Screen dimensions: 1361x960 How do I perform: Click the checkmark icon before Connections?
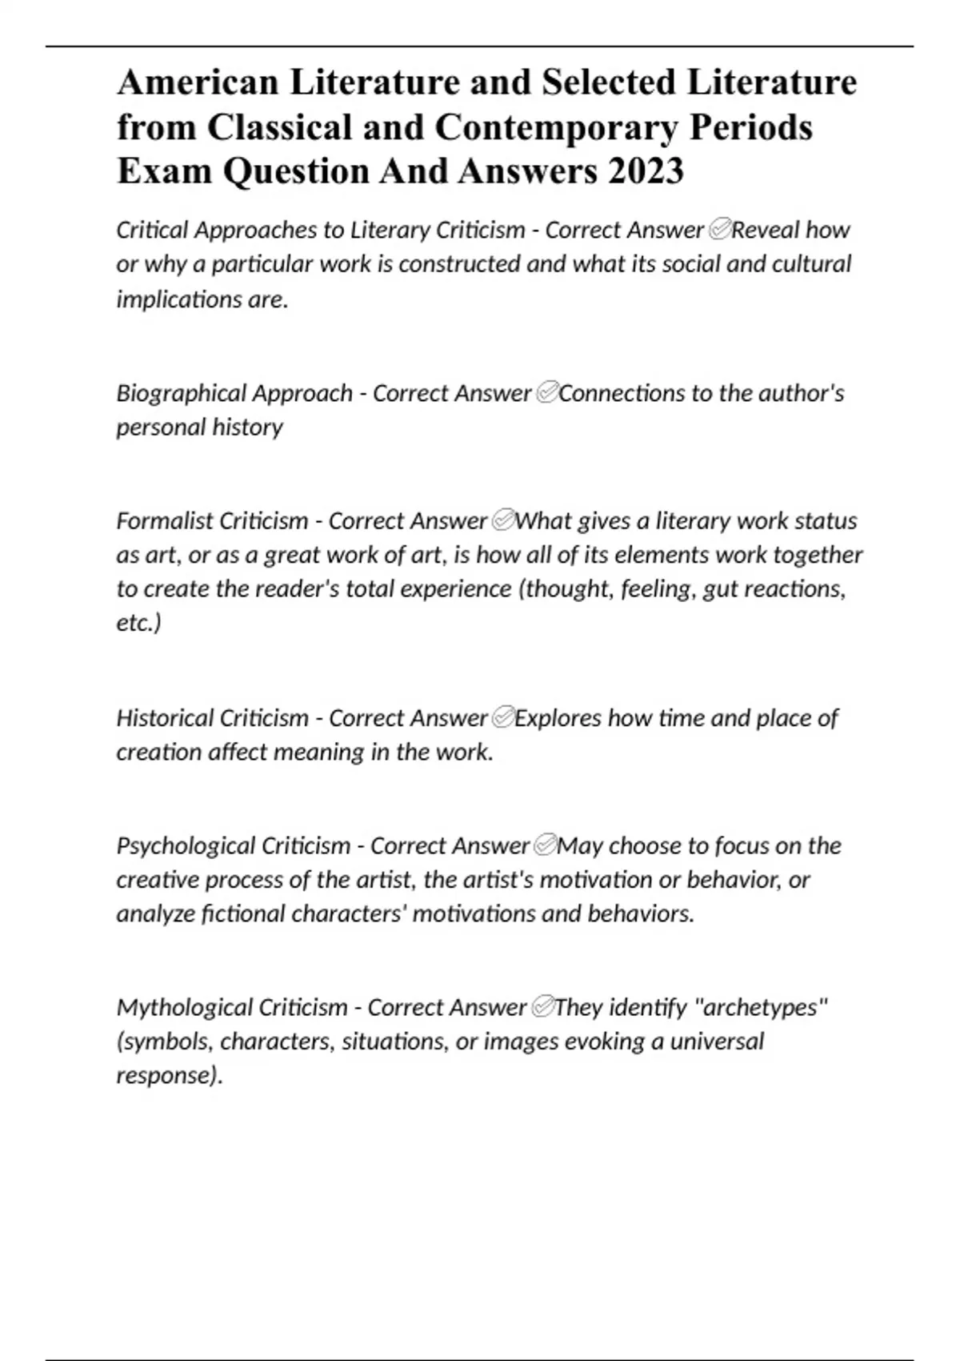546,394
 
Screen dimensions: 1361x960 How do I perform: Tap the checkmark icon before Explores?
502,718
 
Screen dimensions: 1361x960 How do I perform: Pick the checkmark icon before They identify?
541,1007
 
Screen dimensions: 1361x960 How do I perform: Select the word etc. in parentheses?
137,623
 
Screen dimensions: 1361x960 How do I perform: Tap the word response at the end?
166,1075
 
